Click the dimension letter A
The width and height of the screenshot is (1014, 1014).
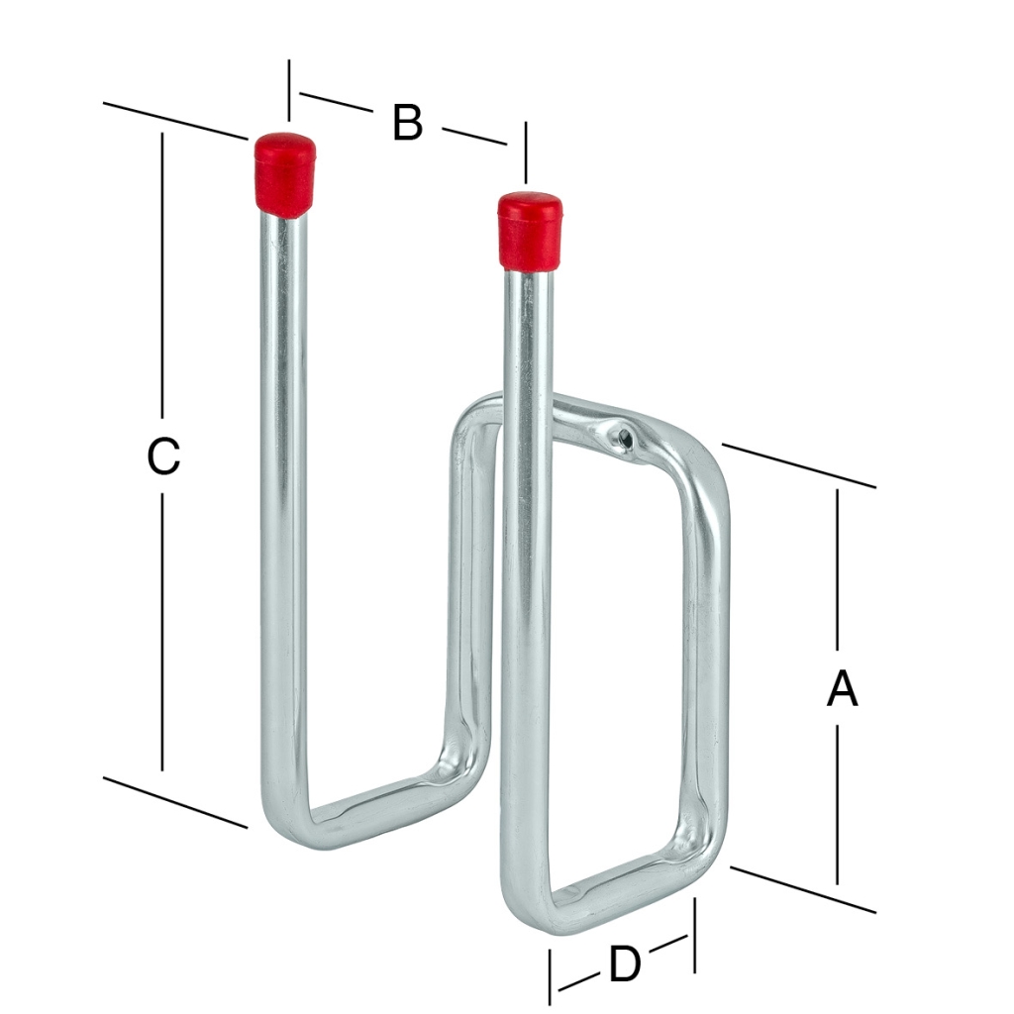pos(843,688)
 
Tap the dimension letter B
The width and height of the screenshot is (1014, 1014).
pos(407,122)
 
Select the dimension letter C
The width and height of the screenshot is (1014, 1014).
pos(163,456)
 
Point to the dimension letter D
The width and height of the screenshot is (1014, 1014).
pos(625,963)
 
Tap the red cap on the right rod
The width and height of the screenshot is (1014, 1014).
pos(530,230)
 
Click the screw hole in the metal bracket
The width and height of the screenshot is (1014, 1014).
pos(624,439)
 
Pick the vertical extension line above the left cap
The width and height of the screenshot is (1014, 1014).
pos(289,90)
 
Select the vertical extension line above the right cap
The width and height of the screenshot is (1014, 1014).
pos(527,152)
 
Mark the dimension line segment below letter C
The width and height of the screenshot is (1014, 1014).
pos(162,631)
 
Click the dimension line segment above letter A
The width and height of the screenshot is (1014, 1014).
pos(838,569)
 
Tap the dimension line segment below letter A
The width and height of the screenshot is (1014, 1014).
pos(838,804)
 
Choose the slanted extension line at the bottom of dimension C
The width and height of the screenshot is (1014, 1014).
pos(175,802)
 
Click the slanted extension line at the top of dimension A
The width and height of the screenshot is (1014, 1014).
pos(799,465)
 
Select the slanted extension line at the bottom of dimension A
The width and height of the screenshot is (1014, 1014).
pos(802,889)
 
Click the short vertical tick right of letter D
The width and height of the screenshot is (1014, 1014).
pos(694,935)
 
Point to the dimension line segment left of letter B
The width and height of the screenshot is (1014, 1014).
pos(337,103)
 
